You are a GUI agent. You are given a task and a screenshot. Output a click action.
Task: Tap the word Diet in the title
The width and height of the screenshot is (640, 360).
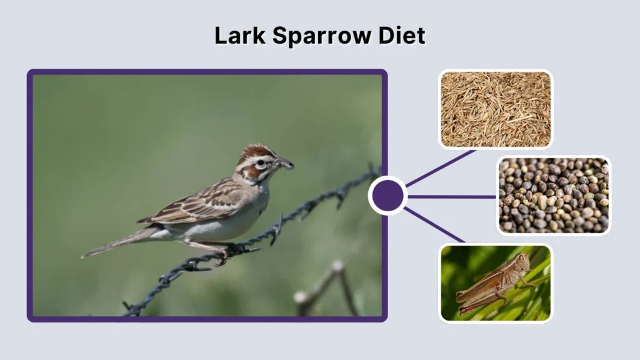tap(401, 36)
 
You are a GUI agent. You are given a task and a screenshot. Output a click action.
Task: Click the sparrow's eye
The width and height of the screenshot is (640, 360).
tap(261, 163)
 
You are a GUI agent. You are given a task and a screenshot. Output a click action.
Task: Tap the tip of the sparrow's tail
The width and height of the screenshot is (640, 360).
tap(85, 255)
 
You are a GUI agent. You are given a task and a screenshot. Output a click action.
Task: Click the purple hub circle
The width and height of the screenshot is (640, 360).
tap(387, 196)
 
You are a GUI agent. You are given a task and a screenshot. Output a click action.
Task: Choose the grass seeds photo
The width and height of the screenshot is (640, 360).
tap(496, 109)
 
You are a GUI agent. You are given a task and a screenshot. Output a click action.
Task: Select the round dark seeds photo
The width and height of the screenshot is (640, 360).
tap(553, 195)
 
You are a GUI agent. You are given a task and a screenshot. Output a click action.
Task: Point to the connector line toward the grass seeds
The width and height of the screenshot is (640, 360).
tap(441, 167)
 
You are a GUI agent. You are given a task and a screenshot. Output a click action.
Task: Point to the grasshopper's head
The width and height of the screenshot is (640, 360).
tap(520, 259)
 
